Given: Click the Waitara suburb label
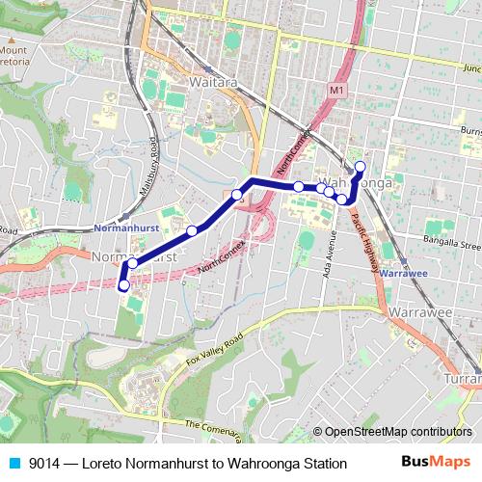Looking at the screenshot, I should tap(187, 83).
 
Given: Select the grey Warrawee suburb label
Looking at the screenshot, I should tap(421, 312).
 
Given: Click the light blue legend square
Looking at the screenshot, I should tap(13, 464).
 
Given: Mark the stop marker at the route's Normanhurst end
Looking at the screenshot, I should tap(123, 284).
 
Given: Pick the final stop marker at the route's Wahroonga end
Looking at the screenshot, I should tap(360, 167).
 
